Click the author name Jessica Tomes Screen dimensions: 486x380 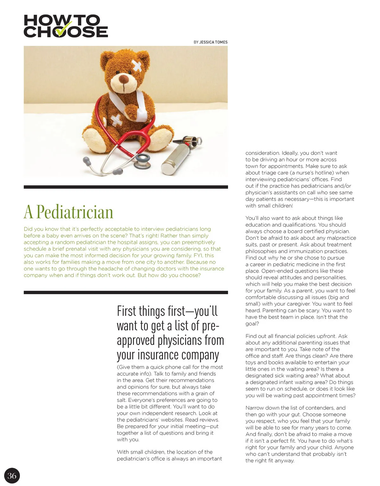213,42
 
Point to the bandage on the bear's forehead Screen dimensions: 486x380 137,65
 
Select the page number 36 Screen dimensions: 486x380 12,476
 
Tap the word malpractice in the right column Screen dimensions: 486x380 341,238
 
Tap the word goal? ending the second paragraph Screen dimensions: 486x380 252,324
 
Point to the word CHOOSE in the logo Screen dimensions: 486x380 66,32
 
